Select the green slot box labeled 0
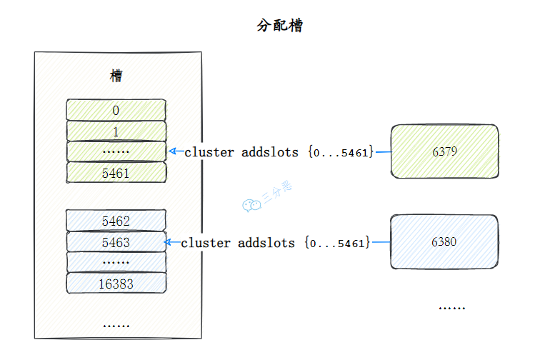click(116, 110)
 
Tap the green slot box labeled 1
click(116, 131)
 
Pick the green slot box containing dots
click(116, 151)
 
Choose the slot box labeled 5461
click(116, 172)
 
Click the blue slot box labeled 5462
click(116, 221)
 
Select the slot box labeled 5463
click(116, 242)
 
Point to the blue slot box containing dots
click(116, 262)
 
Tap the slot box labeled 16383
click(116, 284)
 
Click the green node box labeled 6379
click(444, 151)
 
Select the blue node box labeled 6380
click(444, 242)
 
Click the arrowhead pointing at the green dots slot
click(172, 151)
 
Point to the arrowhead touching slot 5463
click(169, 242)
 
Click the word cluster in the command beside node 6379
click(206, 152)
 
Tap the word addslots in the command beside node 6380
click(266, 243)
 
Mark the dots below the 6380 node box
click(451, 307)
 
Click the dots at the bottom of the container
click(116, 325)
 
